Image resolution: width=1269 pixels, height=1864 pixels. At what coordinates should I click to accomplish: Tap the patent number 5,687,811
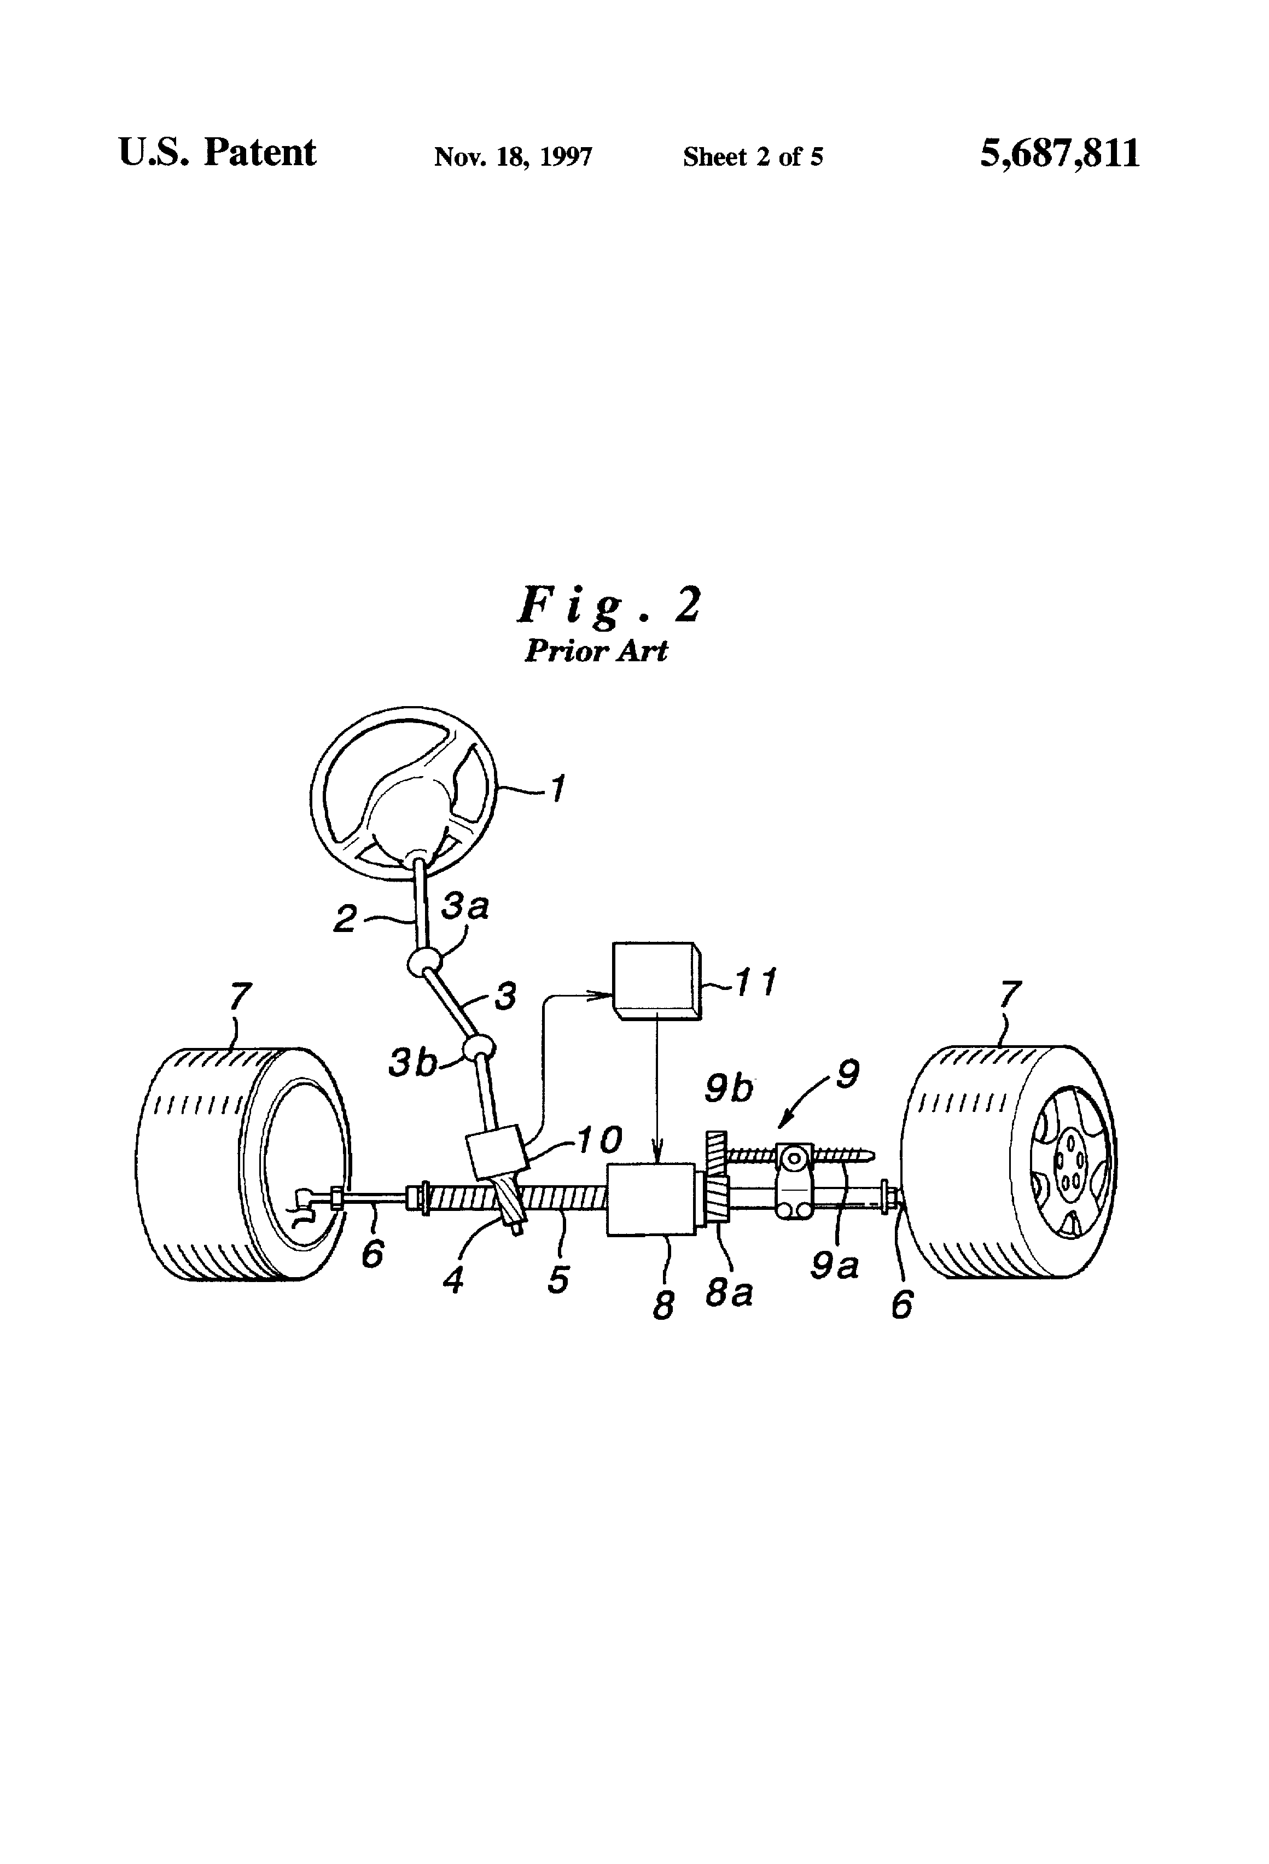1060,153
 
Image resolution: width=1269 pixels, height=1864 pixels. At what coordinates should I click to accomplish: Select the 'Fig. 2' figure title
609,605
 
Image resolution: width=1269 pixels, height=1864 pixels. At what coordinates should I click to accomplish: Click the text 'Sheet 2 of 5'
753,156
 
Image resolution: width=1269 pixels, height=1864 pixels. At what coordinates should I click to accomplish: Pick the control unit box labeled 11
657,981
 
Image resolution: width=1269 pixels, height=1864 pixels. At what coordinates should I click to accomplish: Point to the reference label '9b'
729,1088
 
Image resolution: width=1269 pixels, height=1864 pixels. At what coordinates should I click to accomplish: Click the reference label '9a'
834,1265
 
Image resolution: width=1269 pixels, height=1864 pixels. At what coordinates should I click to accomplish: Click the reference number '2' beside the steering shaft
345,919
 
